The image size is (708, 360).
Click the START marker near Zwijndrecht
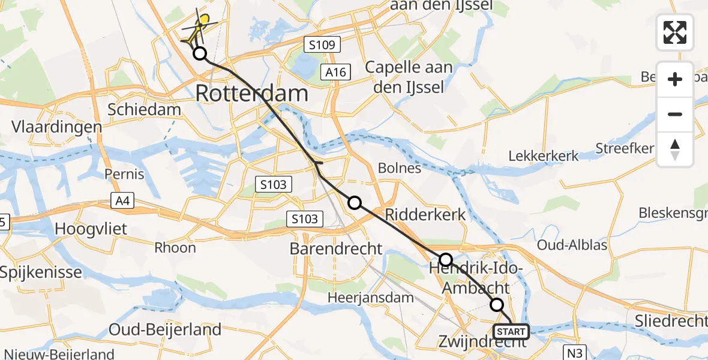click(511, 331)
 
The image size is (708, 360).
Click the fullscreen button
click(675, 32)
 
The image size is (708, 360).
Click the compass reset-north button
click(675, 149)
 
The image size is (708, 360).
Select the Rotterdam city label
click(252, 94)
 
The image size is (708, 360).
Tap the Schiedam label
click(144, 109)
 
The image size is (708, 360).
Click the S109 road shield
click(322, 44)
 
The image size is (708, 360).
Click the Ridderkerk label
click(425, 214)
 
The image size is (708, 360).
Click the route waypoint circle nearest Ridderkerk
click(355, 203)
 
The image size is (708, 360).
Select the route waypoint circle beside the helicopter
click(200, 54)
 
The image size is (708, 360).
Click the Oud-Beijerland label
click(165, 329)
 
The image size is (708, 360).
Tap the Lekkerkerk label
click(544, 156)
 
